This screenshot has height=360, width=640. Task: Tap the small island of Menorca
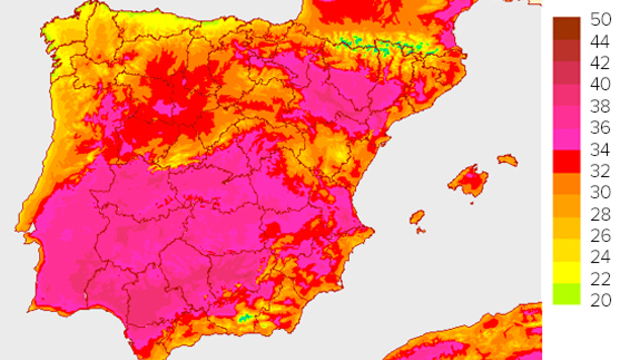tap(508, 159)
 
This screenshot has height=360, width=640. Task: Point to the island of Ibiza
tap(417, 217)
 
